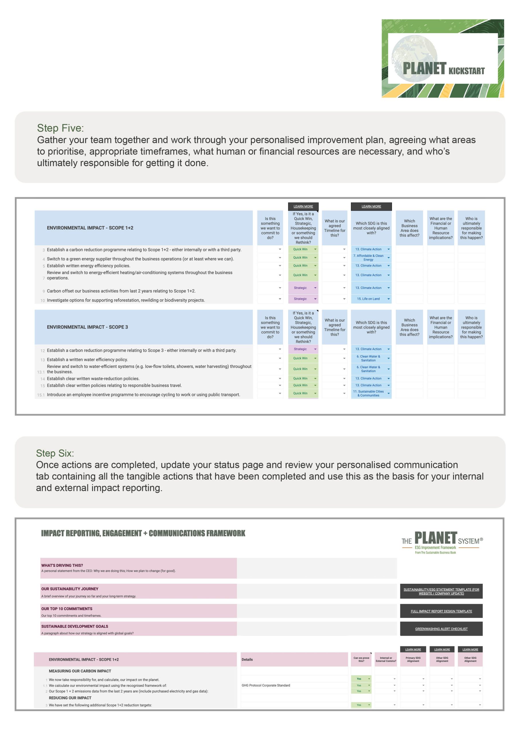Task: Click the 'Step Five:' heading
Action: [60, 128]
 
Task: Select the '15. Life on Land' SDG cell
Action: [368, 299]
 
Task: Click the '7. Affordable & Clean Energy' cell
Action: [368, 258]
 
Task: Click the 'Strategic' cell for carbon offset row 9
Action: [300, 288]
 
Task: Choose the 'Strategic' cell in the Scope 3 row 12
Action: [300, 349]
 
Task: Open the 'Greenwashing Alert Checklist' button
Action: [441, 629]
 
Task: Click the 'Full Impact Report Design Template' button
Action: [441, 611]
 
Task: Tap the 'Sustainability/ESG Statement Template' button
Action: [441, 592]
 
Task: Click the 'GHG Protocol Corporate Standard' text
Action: [266, 686]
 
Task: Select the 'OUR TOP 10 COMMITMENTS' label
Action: [67, 609]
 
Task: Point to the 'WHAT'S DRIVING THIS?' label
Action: [62, 565]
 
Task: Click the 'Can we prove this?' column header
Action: [361, 659]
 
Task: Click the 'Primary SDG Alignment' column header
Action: [413, 659]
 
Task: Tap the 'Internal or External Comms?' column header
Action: [386, 659]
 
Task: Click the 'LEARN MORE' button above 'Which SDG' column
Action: [371, 206]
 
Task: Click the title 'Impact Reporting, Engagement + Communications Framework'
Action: [143, 533]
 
